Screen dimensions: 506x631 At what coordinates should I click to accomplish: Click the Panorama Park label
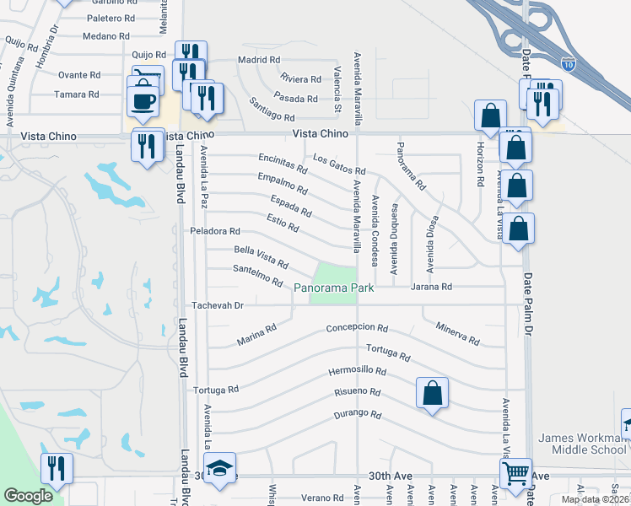pyautogui.click(x=337, y=288)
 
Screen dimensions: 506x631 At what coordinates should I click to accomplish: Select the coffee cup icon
pyautogui.click(x=143, y=99)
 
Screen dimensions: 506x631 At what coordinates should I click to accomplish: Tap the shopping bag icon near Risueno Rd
pyautogui.click(x=432, y=392)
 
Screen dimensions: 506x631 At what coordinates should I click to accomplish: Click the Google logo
pyautogui.click(x=28, y=496)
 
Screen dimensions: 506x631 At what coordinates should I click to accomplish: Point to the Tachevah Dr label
pyautogui.click(x=218, y=304)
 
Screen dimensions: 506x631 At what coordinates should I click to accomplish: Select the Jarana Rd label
pyautogui.click(x=432, y=288)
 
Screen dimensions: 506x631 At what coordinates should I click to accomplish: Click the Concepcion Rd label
pyautogui.click(x=357, y=328)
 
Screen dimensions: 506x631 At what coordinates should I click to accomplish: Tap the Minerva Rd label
pyautogui.click(x=458, y=334)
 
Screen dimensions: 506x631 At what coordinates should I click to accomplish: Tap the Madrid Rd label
pyautogui.click(x=258, y=60)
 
